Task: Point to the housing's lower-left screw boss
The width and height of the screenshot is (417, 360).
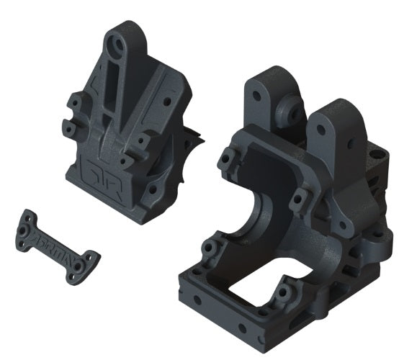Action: tap(209, 251)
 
